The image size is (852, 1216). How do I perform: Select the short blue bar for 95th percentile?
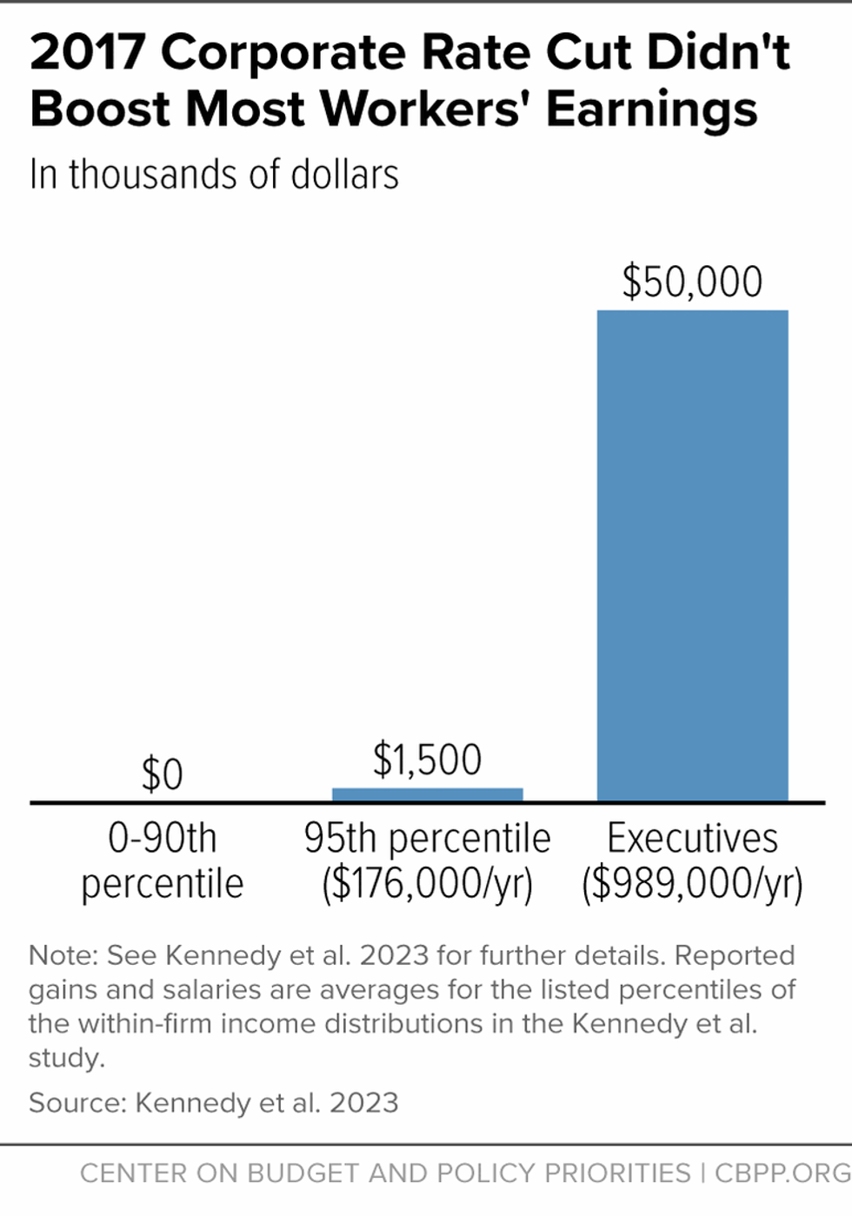click(427, 794)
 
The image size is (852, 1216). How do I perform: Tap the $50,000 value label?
click(692, 282)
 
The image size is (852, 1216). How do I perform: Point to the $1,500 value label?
click(427, 760)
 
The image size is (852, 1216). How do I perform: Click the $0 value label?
click(162, 774)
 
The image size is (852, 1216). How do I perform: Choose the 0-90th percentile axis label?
click(162, 861)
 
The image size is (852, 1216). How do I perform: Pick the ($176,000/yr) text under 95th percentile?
click(427, 885)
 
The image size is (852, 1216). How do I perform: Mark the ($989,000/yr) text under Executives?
click(692, 885)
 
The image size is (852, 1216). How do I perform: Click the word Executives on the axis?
click(692, 839)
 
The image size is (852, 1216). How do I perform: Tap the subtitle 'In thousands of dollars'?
click(214, 175)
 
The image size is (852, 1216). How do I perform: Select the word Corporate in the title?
click(283, 52)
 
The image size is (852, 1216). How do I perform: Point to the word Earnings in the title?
click(651, 110)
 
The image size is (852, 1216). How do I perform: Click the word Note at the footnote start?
click(61, 955)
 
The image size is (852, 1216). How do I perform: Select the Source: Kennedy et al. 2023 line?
click(214, 1103)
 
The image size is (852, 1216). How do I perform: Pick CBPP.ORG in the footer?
click(782, 1173)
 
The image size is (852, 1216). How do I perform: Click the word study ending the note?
click(65, 1058)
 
